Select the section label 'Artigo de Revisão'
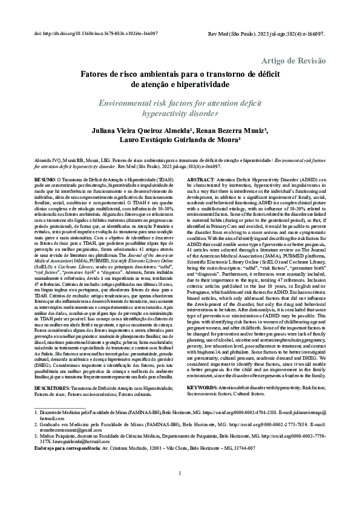(292, 61)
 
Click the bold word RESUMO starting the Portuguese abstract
(44, 180)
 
